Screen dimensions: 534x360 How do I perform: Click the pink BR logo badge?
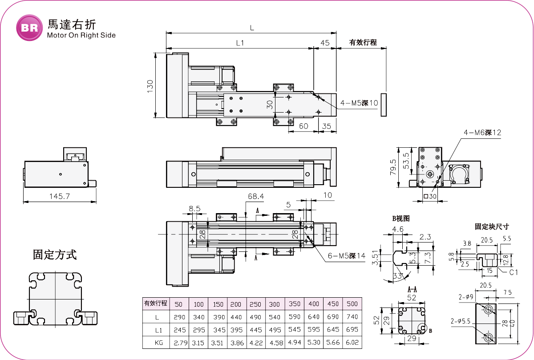click(29, 28)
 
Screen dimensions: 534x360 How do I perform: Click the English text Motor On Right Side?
click(81, 35)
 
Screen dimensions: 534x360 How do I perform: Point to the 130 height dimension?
click(150, 86)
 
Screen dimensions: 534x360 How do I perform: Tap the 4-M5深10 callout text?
click(359, 103)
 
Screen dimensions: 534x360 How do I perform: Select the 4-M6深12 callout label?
click(482, 133)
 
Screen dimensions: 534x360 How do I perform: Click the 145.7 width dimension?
click(60, 196)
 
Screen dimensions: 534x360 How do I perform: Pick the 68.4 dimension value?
click(256, 196)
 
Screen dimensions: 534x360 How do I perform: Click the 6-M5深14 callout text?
click(346, 256)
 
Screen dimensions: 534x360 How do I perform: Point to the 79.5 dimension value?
click(393, 167)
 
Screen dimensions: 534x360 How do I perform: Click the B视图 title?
click(401, 218)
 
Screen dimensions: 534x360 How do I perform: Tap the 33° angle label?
click(398, 276)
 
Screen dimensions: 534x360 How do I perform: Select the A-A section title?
click(412, 289)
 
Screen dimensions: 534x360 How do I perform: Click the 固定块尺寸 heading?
click(492, 227)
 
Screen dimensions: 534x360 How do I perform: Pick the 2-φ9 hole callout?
click(466, 297)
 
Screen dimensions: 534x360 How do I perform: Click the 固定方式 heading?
click(55, 255)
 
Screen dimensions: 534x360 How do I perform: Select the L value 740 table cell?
click(352, 316)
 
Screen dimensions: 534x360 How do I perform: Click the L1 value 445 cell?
click(256, 330)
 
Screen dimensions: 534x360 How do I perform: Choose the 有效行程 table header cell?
click(156, 303)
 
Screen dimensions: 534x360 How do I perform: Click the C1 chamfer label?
click(513, 272)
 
